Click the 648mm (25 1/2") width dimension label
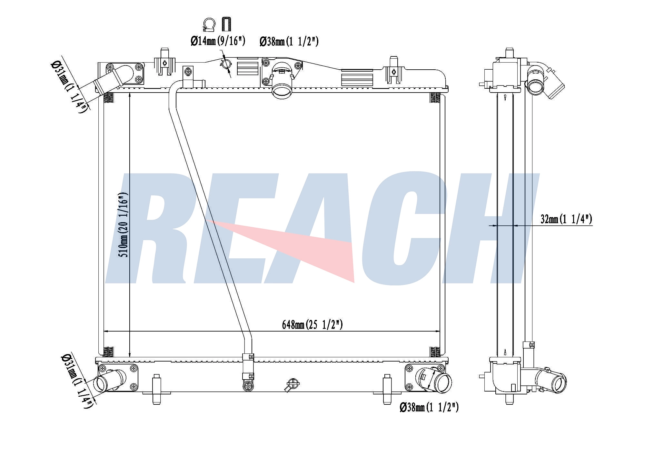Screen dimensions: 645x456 pyautogui.click(x=312, y=325)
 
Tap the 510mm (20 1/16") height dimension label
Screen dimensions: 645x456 pyautogui.click(x=123, y=225)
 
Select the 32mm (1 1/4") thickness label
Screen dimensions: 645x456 pyautogui.click(x=566, y=219)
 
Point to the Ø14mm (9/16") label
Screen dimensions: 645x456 pyautogui.click(x=218, y=41)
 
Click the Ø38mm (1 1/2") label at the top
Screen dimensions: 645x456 pyautogui.click(x=289, y=42)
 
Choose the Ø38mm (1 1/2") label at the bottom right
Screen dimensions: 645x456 pyautogui.click(x=429, y=407)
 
